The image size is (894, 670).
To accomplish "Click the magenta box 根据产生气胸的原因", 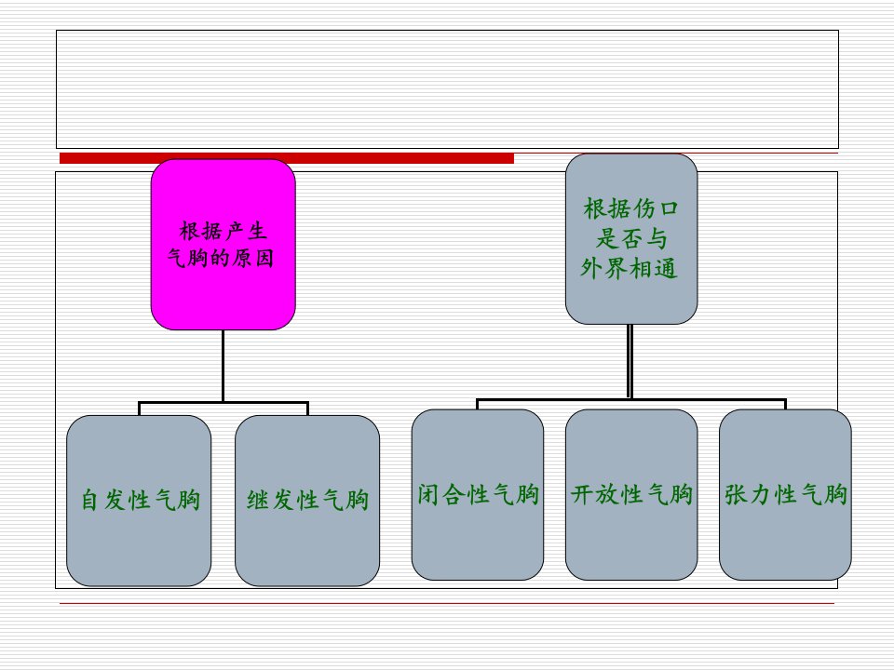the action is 223,245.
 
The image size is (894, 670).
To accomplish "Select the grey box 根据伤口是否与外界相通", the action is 631,239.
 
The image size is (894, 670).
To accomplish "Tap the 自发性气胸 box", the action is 139,501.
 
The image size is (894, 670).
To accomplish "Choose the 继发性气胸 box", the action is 307,501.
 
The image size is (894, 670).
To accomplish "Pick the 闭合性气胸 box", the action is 478,494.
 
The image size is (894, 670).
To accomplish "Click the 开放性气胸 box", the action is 631,494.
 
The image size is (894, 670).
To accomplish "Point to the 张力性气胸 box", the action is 785,494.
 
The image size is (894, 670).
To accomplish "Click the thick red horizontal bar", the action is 287,158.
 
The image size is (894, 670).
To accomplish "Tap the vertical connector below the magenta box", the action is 223,366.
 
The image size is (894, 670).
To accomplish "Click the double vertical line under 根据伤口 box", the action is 630,361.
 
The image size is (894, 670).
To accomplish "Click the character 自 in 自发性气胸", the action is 89,501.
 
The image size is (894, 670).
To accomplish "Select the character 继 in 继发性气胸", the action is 258,501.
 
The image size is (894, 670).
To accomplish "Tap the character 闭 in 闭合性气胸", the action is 428,494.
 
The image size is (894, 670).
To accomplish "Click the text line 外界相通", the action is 630,268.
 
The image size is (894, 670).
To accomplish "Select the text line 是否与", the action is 631,238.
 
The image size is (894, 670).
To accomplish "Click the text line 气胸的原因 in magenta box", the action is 221,258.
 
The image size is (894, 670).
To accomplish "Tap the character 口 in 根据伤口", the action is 670,208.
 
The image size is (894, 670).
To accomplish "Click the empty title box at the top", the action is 448,89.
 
